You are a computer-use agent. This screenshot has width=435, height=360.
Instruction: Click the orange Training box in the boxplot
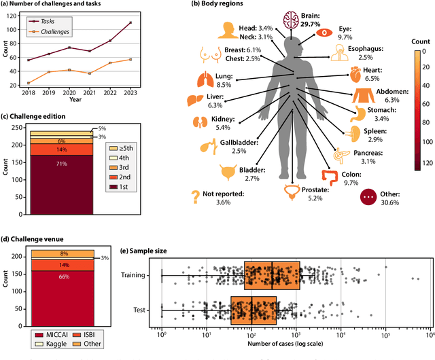pos(272,276)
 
